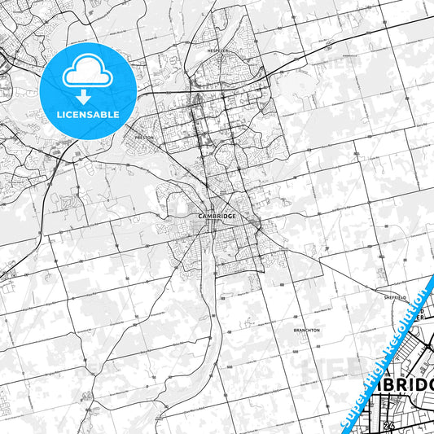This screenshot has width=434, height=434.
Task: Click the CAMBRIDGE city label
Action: (217, 216)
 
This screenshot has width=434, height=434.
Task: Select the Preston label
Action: (144, 138)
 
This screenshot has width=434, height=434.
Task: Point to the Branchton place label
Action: (307, 331)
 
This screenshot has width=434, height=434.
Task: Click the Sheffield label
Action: (394, 298)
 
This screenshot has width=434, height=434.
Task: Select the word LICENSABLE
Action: (88, 115)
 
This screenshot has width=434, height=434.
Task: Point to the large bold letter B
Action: (377, 387)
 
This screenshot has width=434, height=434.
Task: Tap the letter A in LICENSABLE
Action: (101, 115)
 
